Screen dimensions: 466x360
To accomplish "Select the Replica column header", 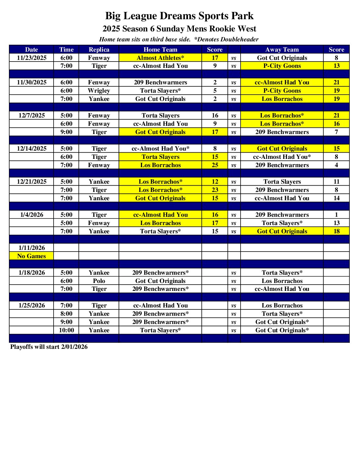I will (99, 50).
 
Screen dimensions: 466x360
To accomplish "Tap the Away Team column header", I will (282, 50).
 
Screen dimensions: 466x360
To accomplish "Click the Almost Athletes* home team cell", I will (160, 58).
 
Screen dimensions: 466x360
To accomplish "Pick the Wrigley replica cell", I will (99, 91).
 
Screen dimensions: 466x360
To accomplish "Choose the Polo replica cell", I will (99, 281).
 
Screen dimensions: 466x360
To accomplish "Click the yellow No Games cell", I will (31, 256).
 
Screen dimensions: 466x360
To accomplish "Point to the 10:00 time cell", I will (67, 330).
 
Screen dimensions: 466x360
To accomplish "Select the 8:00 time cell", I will (67, 314).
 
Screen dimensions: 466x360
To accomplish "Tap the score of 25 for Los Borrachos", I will (215, 165).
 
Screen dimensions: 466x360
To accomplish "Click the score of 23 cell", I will (215, 190).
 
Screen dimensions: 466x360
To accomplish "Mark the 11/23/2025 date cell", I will (32, 58).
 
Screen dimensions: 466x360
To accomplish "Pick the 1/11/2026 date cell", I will (32, 248).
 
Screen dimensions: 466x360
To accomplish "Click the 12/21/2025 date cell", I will (32, 182).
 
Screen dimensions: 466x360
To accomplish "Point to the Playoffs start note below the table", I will (49, 347).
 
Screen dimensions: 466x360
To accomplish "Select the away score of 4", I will (337, 165).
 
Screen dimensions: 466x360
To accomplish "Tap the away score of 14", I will (337, 198).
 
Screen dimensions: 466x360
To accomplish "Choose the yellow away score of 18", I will (337, 231).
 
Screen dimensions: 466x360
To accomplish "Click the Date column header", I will (31, 50).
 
